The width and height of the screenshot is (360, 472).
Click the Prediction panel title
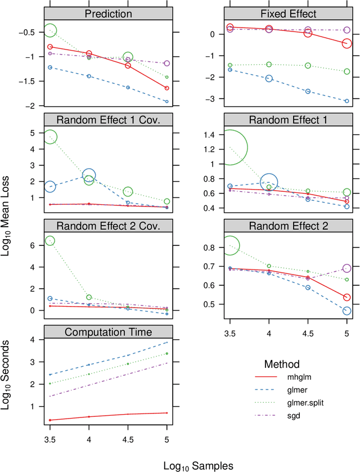pyautogui.click(x=108, y=14)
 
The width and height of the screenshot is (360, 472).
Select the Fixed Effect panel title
pyautogui.click(x=288, y=14)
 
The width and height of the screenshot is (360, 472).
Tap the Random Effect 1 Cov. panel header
pyautogui.click(x=108, y=119)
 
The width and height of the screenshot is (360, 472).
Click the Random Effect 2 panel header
pyautogui.click(x=288, y=226)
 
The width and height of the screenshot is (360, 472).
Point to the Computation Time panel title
pyautogui.click(x=108, y=332)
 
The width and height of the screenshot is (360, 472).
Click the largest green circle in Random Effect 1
pyautogui.click(x=229, y=147)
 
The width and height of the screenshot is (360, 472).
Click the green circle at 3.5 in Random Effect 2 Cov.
pyautogui.click(x=49, y=241)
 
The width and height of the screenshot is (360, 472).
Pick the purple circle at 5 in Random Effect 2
pyautogui.click(x=346, y=268)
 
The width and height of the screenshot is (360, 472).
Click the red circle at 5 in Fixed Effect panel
pyautogui.click(x=346, y=43)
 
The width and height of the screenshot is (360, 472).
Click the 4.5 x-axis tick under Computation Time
pyautogui.click(x=128, y=442)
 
